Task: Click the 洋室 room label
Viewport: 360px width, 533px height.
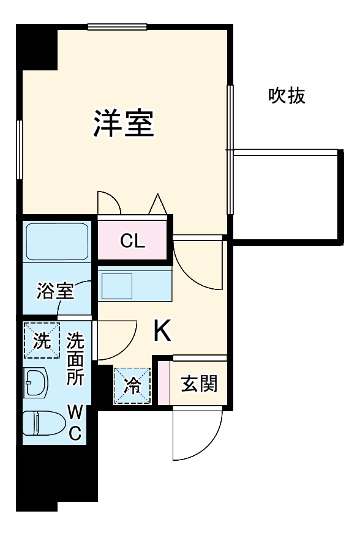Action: click(123, 124)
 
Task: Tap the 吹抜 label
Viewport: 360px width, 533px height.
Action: click(287, 96)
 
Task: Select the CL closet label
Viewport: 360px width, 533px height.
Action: click(132, 241)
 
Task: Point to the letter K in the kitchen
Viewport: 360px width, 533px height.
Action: click(162, 332)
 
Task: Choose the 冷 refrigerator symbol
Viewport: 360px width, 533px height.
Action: click(132, 386)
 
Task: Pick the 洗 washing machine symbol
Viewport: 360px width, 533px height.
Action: click(42, 341)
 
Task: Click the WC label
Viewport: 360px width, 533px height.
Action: click(74, 421)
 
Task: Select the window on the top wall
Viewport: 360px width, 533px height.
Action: click(117, 26)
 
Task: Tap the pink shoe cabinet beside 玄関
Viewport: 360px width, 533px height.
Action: click(163, 383)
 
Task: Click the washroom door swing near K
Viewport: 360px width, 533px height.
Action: click(115, 340)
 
